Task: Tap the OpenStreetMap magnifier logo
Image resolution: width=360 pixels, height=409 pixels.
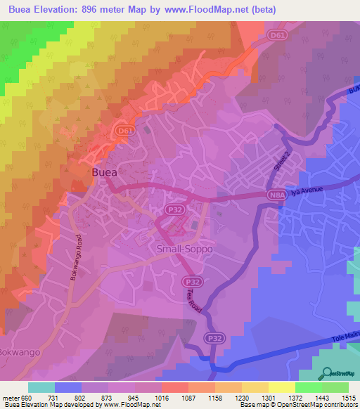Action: coord(326,373)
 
